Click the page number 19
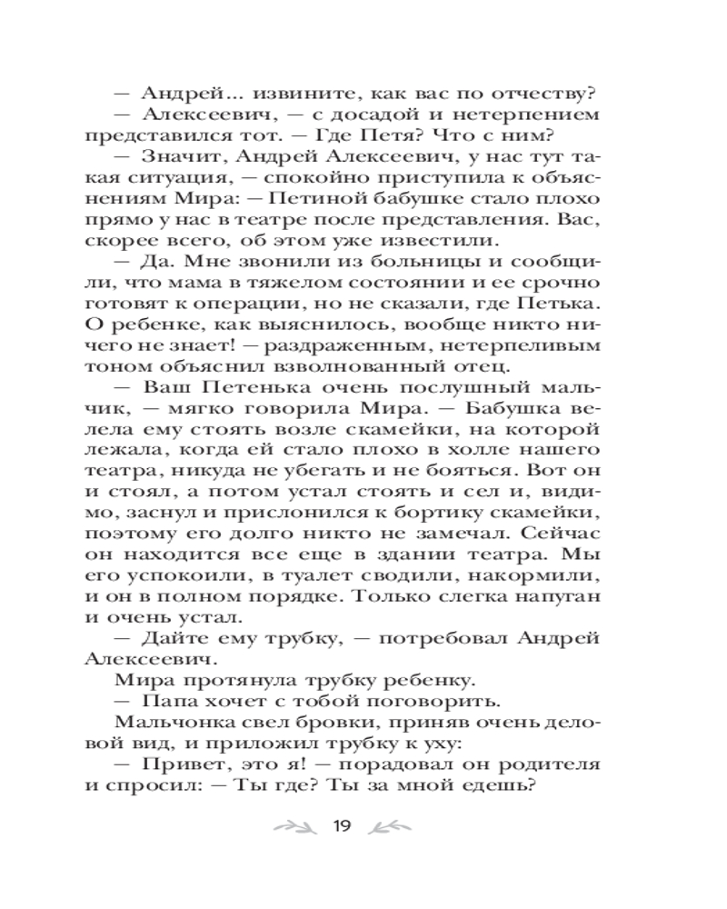tap(342, 825)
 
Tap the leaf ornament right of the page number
tap(392, 826)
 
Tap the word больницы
tap(392, 264)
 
